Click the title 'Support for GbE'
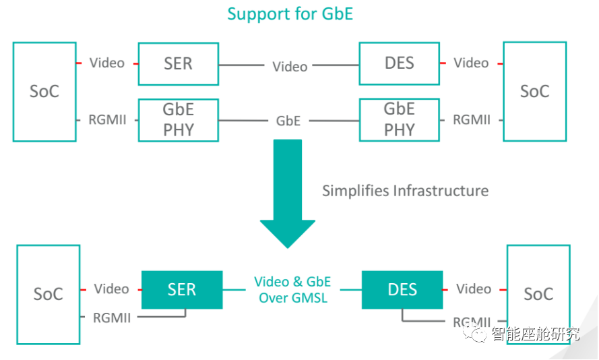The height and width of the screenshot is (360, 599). pyautogui.click(x=290, y=13)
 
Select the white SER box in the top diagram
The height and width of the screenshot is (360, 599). pyautogui.click(x=178, y=64)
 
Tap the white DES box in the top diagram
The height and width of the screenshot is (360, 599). pyautogui.click(x=399, y=64)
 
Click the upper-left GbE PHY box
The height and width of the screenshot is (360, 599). pyautogui.click(x=178, y=120)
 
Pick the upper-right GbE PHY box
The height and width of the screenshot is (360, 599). pyautogui.click(x=399, y=120)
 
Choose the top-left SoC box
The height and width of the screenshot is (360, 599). pyautogui.click(x=44, y=92)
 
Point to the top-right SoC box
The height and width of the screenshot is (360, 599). pyautogui.click(x=534, y=92)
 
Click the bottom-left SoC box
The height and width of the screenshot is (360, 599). pyautogui.click(x=49, y=295)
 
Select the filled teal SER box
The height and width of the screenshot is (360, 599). pyautogui.click(x=181, y=290)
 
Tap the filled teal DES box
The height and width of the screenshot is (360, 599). pyautogui.click(x=402, y=290)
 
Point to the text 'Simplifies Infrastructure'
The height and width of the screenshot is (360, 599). pyautogui.click(x=405, y=191)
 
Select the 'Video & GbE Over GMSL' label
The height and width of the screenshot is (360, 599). pyautogui.click(x=292, y=289)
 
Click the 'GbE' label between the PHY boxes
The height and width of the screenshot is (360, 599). pyautogui.click(x=288, y=121)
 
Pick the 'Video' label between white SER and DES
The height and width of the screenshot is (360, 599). pyautogui.click(x=290, y=67)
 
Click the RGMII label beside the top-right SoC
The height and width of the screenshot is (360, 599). pyautogui.click(x=472, y=120)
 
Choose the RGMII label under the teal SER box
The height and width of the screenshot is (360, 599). pyautogui.click(x=112, y=318)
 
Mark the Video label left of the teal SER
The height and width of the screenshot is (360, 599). pyautogui.click(x=111, y=289)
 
